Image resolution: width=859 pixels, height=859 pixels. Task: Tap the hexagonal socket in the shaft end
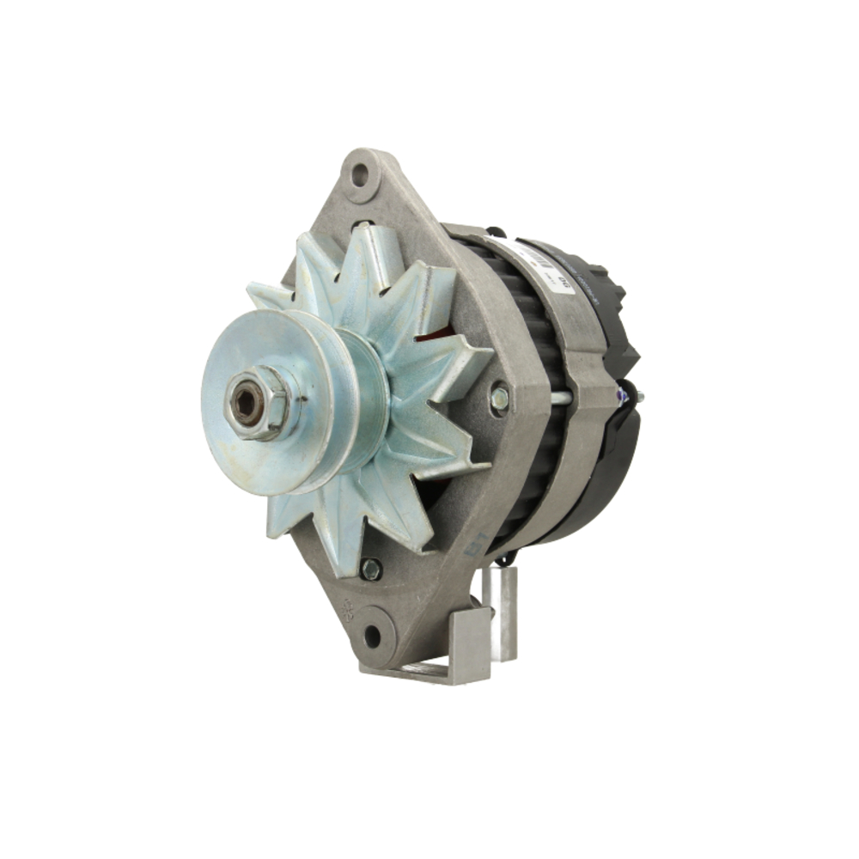point(246,403)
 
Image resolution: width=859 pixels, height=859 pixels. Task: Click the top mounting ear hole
point(360,175)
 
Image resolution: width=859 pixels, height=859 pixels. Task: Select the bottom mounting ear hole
point(372,637)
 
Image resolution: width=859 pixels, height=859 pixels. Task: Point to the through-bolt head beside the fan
point(499,398)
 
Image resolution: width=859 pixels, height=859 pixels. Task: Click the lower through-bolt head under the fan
point(371,568)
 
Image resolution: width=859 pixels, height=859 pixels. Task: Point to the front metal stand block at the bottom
point(469,644)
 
